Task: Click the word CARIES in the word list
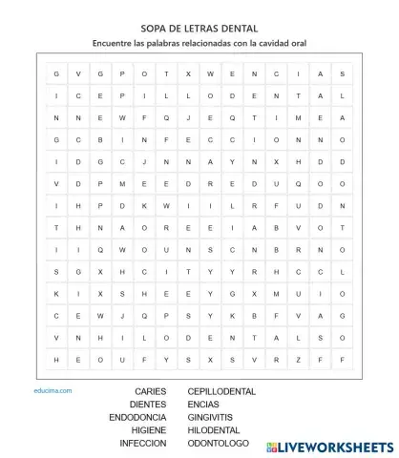pos(150,392)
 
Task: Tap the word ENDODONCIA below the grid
pos(137,417)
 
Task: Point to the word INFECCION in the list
pos(142,444)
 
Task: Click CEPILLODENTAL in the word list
pos(221,392)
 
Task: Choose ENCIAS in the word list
pos(203,405)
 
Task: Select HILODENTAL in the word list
pos(214,430)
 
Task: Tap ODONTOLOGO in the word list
pos(218,444)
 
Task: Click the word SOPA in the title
pos(156,29)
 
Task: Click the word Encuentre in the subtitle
pos(113,43)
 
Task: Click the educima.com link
pos(52,390)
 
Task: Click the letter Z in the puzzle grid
pos(297,360)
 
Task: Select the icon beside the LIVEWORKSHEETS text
pos(273,447)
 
